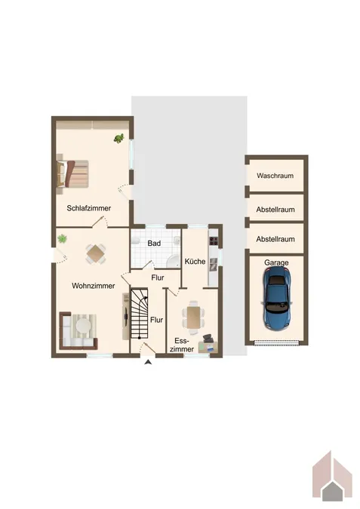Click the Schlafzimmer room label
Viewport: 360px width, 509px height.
tap(89, 208)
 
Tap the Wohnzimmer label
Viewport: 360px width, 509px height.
tap(94, 286)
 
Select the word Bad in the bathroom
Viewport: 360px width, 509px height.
tap(154, 243)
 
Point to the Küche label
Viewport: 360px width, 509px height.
tap(195, 262)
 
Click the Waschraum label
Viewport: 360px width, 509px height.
tap(275, 176)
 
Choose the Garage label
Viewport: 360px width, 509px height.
tap(276, 262)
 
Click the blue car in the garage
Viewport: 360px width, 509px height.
tap(276, 299)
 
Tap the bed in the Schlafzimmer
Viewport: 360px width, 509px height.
tap(72, 173)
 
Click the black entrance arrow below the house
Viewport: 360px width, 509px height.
tap(148, 363)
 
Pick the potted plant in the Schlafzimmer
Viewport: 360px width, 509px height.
tap(119, 138)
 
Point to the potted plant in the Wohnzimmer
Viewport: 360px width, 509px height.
tap(62, 239)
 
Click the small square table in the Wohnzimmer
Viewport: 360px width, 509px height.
tap(96, 253)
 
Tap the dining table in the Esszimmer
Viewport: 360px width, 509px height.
tap(194, 317)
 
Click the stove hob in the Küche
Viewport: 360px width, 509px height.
tap(214, 241)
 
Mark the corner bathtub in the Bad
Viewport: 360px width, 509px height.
tap(174, 261)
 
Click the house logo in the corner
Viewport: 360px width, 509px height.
tap(332, 476)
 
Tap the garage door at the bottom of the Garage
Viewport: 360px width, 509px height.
tap(276, 342)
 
